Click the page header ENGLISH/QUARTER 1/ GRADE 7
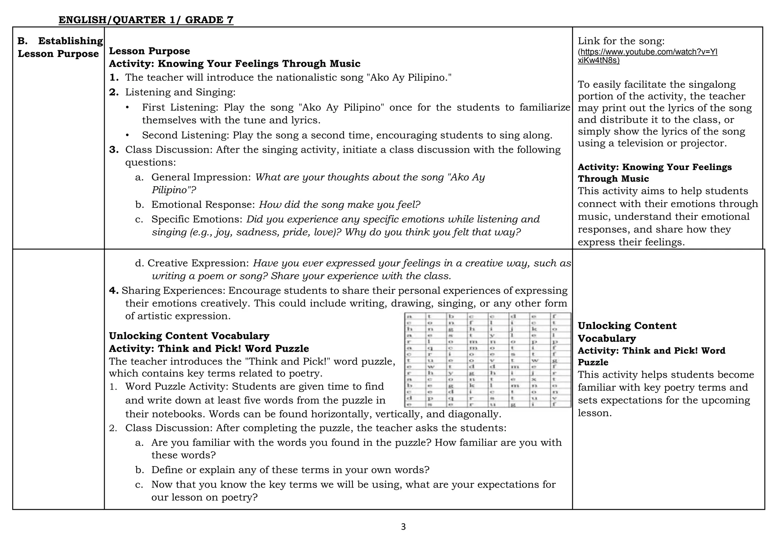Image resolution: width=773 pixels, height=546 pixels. click(146, 20)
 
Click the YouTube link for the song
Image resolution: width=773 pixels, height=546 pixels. click(647, 56)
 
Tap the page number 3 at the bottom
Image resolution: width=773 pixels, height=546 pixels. click(403, 527)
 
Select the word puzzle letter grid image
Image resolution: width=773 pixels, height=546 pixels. click(487, 360)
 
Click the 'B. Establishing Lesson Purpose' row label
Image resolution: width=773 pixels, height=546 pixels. click(60, 47)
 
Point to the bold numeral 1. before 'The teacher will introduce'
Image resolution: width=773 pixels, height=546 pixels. click(114, 78)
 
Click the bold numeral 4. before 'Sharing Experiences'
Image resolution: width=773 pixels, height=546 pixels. click(114, 291)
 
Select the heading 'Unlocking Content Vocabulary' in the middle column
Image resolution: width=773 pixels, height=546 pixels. click(189, 336)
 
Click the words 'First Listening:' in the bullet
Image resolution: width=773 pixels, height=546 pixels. click(180, 107)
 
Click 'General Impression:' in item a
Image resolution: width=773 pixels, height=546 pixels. click(201, 177)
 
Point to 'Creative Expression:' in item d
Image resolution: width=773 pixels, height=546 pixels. click(198, 263)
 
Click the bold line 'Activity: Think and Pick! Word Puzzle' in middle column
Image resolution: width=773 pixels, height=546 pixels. click(209, 349)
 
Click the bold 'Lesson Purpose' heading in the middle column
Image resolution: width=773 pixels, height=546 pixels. click(149, 51)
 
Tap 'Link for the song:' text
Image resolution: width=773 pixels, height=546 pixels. click(621, 41)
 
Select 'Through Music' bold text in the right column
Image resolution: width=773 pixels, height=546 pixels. click(613, 179)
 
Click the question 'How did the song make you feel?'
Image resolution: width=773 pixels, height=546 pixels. click(339, 205)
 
